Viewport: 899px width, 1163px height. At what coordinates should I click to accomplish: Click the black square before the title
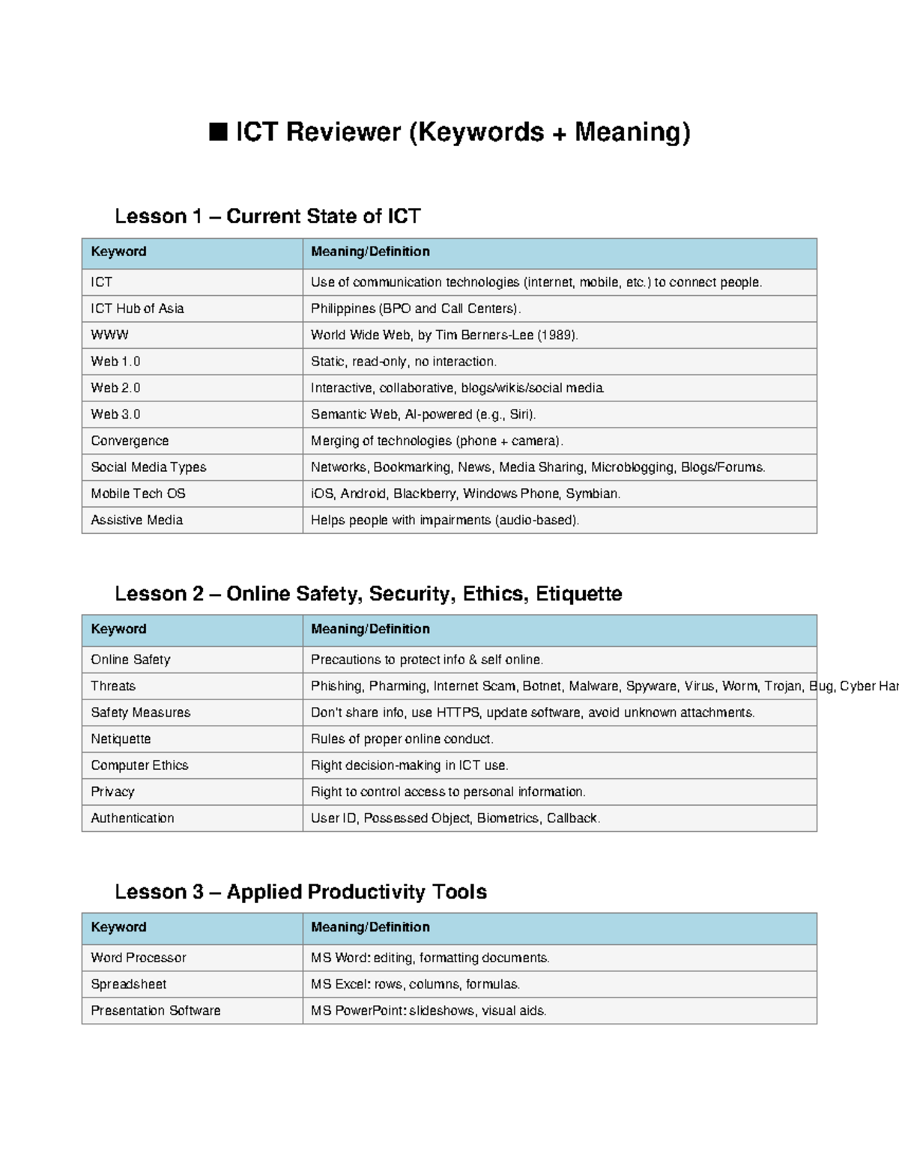pos(218,133)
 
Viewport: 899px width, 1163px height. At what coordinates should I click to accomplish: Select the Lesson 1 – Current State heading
pos(267,216)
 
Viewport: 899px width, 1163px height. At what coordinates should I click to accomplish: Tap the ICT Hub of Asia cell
pos(137,309)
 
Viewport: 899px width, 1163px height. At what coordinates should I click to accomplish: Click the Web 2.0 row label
pos(115,388)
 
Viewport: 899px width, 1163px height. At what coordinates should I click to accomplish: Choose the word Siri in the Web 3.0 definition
pos(520,414)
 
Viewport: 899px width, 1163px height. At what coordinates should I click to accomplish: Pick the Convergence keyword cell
pos(130,440)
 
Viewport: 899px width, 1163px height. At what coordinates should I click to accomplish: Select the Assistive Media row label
pos(136,520)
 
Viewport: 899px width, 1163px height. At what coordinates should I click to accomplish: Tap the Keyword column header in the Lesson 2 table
pos(118,629)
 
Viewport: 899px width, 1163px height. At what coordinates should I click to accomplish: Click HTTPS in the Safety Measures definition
pos(458,712)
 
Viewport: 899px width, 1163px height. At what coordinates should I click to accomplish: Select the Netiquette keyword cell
pos(121,739)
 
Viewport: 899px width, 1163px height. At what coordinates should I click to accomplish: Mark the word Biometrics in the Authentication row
pos(507,819)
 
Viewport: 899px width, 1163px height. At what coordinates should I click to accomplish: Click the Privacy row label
pos(112,792)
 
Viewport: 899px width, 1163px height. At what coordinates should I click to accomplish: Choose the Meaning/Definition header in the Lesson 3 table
pos(370,927)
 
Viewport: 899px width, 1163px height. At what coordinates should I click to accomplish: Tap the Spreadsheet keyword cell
pos(128,984)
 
